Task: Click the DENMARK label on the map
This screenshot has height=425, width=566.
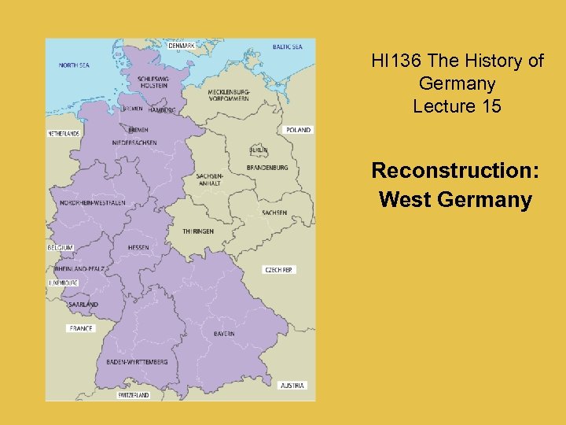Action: (x=182, y=46)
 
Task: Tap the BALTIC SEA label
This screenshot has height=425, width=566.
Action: (x=287, y=47)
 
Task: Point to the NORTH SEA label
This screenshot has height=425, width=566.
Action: (x=74, y=65)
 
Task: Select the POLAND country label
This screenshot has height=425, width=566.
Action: (x=298, y=130)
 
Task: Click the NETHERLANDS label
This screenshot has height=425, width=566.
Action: (x=64, y=134)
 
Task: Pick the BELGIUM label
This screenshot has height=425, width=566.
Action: (x=61, y=247)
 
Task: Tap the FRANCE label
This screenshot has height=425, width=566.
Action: (x=81, y=328)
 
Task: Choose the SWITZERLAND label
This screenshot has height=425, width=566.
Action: (x=133, y=395)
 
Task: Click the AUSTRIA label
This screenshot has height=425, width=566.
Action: (x=292, y=386)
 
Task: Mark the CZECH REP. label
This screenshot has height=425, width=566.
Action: (x=279, y=270)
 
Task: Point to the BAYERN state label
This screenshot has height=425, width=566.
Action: (x=223, y=334)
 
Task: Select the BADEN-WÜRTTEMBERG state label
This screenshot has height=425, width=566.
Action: (x=137, y=362)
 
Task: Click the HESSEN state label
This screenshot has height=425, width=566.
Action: (x=138, y=248)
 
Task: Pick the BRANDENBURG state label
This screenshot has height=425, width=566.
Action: (x=267, y=168)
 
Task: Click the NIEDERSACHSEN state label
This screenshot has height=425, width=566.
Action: (x=134, y=142)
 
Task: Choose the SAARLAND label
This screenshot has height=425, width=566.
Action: (x=83, y=305)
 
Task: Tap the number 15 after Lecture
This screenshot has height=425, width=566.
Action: (x=489, y=106)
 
